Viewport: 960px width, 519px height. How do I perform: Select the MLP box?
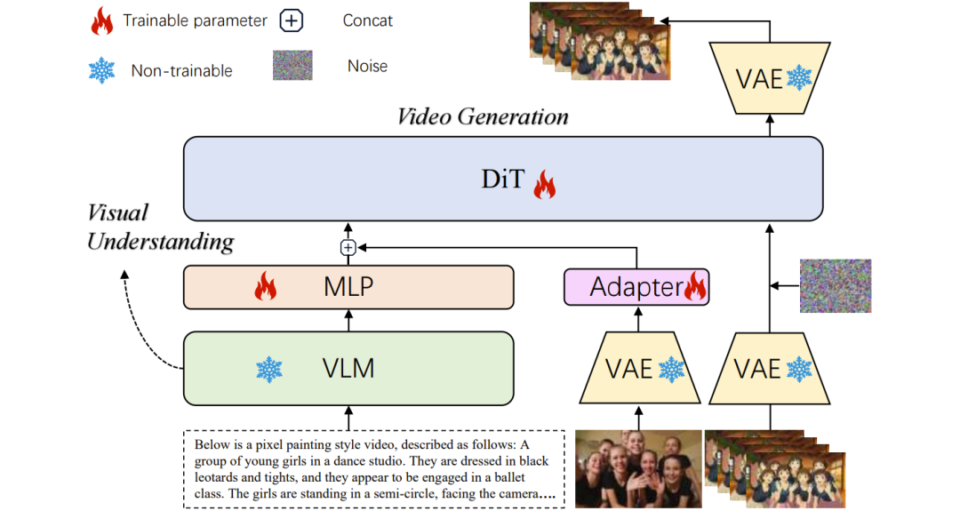[348, 287]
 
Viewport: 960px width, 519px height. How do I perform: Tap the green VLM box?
[348, 368]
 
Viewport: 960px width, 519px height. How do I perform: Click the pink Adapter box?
[636, 287]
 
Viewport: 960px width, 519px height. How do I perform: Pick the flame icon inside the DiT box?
[543, 185]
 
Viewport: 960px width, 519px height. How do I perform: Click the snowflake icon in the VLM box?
[268, 369]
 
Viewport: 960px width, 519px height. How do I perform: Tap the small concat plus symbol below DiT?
[348, 248]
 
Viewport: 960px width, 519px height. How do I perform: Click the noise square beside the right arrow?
[835, 285]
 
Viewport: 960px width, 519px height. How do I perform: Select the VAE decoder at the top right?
[771, 78]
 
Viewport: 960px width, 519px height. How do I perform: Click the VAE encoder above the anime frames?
[770, 368]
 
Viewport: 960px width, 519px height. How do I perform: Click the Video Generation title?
[483, 116]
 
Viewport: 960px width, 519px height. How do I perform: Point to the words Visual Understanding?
[160, 227]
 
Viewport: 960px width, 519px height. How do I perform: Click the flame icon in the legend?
[102, 20]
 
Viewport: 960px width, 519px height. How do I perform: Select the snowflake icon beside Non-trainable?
[102, 69]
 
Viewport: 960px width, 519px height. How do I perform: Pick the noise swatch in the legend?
[292, 66]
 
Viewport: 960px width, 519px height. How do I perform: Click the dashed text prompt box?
[373, 469]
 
